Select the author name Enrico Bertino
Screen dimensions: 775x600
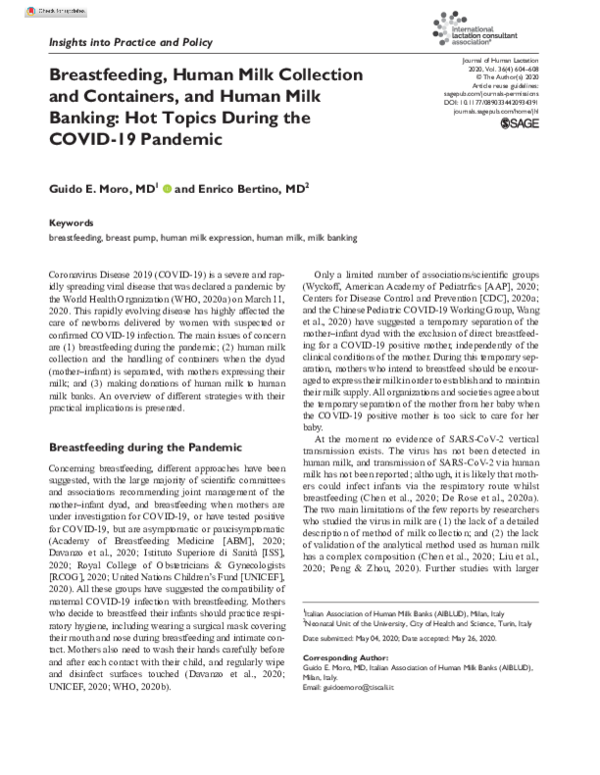(229, 187)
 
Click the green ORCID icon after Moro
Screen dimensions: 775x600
(164, 187)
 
